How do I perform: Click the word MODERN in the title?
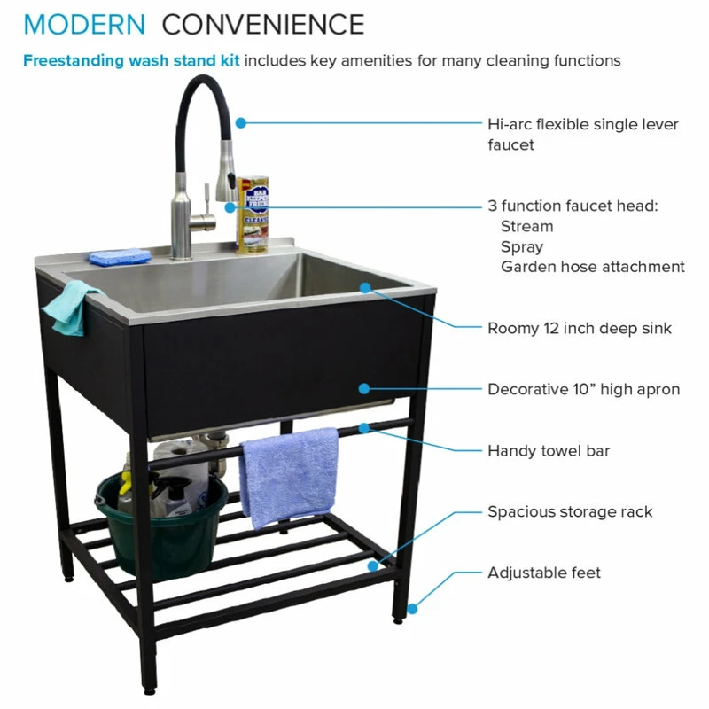tap(84, 25)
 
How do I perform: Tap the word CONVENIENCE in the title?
tap(263, 25)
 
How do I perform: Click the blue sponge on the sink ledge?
tap(120, 257)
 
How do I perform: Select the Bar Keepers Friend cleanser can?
tap(253, 214)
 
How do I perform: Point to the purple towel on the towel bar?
tap(289, 477)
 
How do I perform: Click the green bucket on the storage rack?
tap(162, 525)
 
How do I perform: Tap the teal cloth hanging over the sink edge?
tap(73, 308)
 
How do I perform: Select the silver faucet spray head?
tap(226, 171)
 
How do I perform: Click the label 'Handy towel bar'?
tap(549, 451)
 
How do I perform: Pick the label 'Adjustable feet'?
tap(544, 573)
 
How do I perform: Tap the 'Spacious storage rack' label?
tap(570, 512)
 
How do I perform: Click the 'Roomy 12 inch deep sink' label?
tap(580, 329)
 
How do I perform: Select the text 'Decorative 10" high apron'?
tap(584, 389)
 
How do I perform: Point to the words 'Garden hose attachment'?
tap(593, 267)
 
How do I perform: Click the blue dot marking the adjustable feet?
tap(412, 609)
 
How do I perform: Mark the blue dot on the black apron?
tap(364, 388)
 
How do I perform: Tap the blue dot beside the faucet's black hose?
tap(241, 122)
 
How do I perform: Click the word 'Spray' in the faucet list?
tap(522, 247)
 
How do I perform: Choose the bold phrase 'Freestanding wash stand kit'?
tap(131, 60)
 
